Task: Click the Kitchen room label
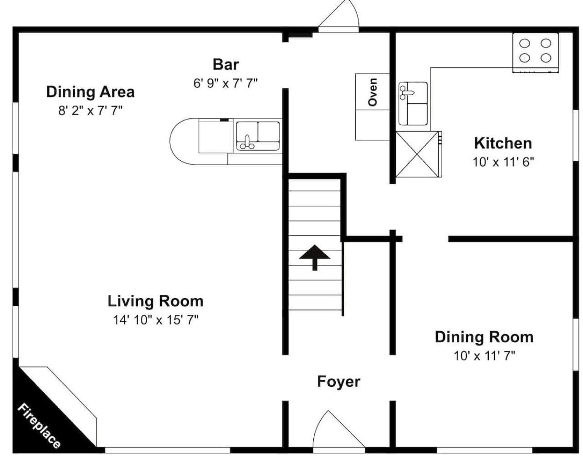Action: (503, 143)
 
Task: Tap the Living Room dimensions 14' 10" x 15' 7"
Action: (155, 320)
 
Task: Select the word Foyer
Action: (338, 382)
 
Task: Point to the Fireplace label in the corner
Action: (39, 426)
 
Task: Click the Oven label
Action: (373, 92)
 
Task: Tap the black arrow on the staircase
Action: (315, 258)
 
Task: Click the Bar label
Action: (225, 65)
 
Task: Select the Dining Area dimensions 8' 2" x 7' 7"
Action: (91, 111)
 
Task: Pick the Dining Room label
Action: (484, 337)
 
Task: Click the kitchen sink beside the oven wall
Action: (413, 104)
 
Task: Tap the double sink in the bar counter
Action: (258, 136)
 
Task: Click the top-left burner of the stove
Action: (525, 43)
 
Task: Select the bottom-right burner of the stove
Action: (546, 58)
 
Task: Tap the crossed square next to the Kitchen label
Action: (417, 154)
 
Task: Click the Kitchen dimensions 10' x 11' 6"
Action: (503, 162)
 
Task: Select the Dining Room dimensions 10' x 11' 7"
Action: (484, 356)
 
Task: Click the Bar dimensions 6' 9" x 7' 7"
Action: (225, 83)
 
